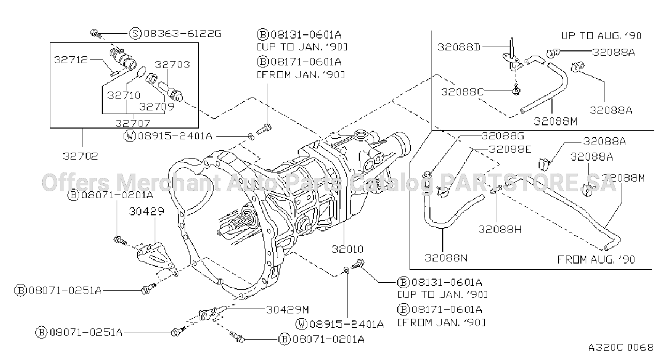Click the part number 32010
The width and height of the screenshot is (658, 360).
coord(347,249)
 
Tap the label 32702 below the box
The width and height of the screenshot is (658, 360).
coord(80,156)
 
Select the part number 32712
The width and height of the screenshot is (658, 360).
coord(71,60)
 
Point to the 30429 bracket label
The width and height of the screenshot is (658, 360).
coord(147,211)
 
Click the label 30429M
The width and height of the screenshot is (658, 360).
coord(288,310)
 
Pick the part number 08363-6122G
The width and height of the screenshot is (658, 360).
coord(183,34)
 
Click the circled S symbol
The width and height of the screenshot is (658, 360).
coord(135,34)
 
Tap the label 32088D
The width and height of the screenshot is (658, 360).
coord(459,47)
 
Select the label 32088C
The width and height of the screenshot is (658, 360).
coord(463,92)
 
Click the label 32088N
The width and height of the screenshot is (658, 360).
coord(446,258)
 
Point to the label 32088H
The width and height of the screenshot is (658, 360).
coord(500,229)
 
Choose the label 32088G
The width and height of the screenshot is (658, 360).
coord(503,136)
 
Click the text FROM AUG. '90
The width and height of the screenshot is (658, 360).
coord(596,260)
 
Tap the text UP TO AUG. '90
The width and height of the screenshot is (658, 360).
coord(601,36)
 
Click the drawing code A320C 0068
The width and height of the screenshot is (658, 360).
coord(621,348)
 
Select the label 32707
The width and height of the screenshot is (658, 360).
coord(133,123)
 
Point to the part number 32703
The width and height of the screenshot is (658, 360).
coord(172,65)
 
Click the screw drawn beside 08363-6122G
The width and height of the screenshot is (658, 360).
coord(96,34)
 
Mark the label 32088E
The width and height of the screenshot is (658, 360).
coord(510,149)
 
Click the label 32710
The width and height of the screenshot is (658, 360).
coord(124,95)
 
